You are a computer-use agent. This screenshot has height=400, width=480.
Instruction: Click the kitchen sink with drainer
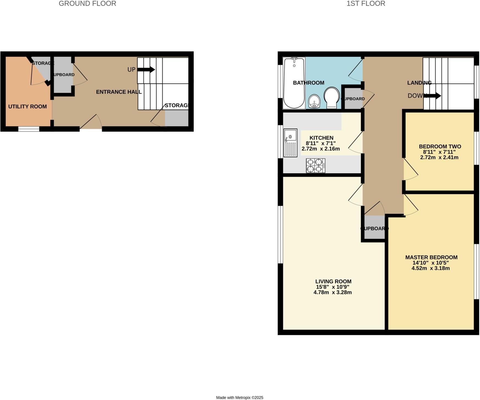[x=290, y=143]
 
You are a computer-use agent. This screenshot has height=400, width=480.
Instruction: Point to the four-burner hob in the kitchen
[x=316, y=166]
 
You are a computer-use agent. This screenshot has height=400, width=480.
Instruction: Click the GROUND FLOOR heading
[x=87, y=4]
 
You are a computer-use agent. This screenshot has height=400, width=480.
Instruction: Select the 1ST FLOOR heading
[x=366, y=4]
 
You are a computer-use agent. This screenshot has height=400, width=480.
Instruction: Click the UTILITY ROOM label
[x=27, y=107]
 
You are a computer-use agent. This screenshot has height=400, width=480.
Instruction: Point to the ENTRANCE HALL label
[x=119, y=92]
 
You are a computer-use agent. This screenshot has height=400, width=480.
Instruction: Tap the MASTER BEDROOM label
[x=431, y=257]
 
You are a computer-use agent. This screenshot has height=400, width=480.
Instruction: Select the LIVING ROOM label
[x=333, y=281]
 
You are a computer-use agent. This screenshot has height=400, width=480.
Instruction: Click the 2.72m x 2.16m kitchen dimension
[x=321, y=149]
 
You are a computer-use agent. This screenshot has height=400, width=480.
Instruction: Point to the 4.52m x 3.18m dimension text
[x=431, y=268]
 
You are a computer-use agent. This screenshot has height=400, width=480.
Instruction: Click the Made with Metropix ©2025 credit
[x=240, y=398]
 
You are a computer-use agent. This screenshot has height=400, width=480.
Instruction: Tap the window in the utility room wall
[x=29, y=129]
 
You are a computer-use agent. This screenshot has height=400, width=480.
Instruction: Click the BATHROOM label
[x=308, y=83]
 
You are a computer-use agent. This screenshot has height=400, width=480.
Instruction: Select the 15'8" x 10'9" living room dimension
[x=332, y=287]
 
